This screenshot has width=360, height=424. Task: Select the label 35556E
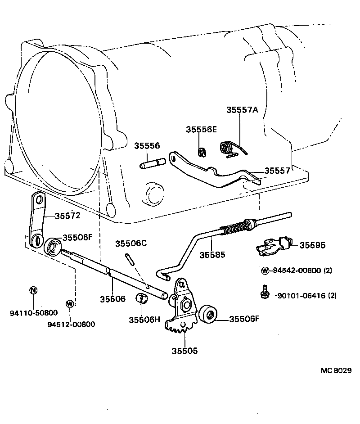pyautogui.click(x=202, y=130)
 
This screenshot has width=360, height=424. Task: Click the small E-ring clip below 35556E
pyautogui.click(x=202, y=152)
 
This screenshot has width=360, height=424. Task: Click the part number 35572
pyautogui.click(x=67, y=216)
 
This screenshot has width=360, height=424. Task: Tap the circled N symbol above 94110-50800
pyautogui.click(x=33, y=290)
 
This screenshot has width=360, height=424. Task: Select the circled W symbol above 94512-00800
pyautogui.click(x=69, y=303)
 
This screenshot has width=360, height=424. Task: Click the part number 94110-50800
pyautogui.click(x=28, y=312)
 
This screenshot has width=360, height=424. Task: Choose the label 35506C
pyautogui.click(x=131, y=244)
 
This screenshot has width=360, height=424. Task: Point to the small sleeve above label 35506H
pyautogui.click(x=142, y=298)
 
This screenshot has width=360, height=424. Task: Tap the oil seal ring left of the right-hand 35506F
pyautogui.click(x=208, y=314)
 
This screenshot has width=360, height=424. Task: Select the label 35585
pyautogui.click(x=212, y=255)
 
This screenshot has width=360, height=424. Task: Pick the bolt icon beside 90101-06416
pyautogui.click(x=265, y=293)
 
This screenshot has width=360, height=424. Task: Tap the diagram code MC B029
pyautogui.click(x=336, y=370)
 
